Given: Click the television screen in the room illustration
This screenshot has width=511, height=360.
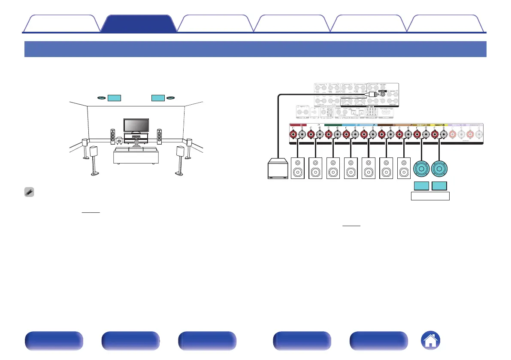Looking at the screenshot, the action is click(136, 125).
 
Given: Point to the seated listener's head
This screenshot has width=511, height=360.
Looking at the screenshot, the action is click(136, 142).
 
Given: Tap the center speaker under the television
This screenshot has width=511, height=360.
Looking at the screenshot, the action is click(136, 138).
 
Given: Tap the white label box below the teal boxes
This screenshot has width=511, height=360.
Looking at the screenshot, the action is click(430, 197).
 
